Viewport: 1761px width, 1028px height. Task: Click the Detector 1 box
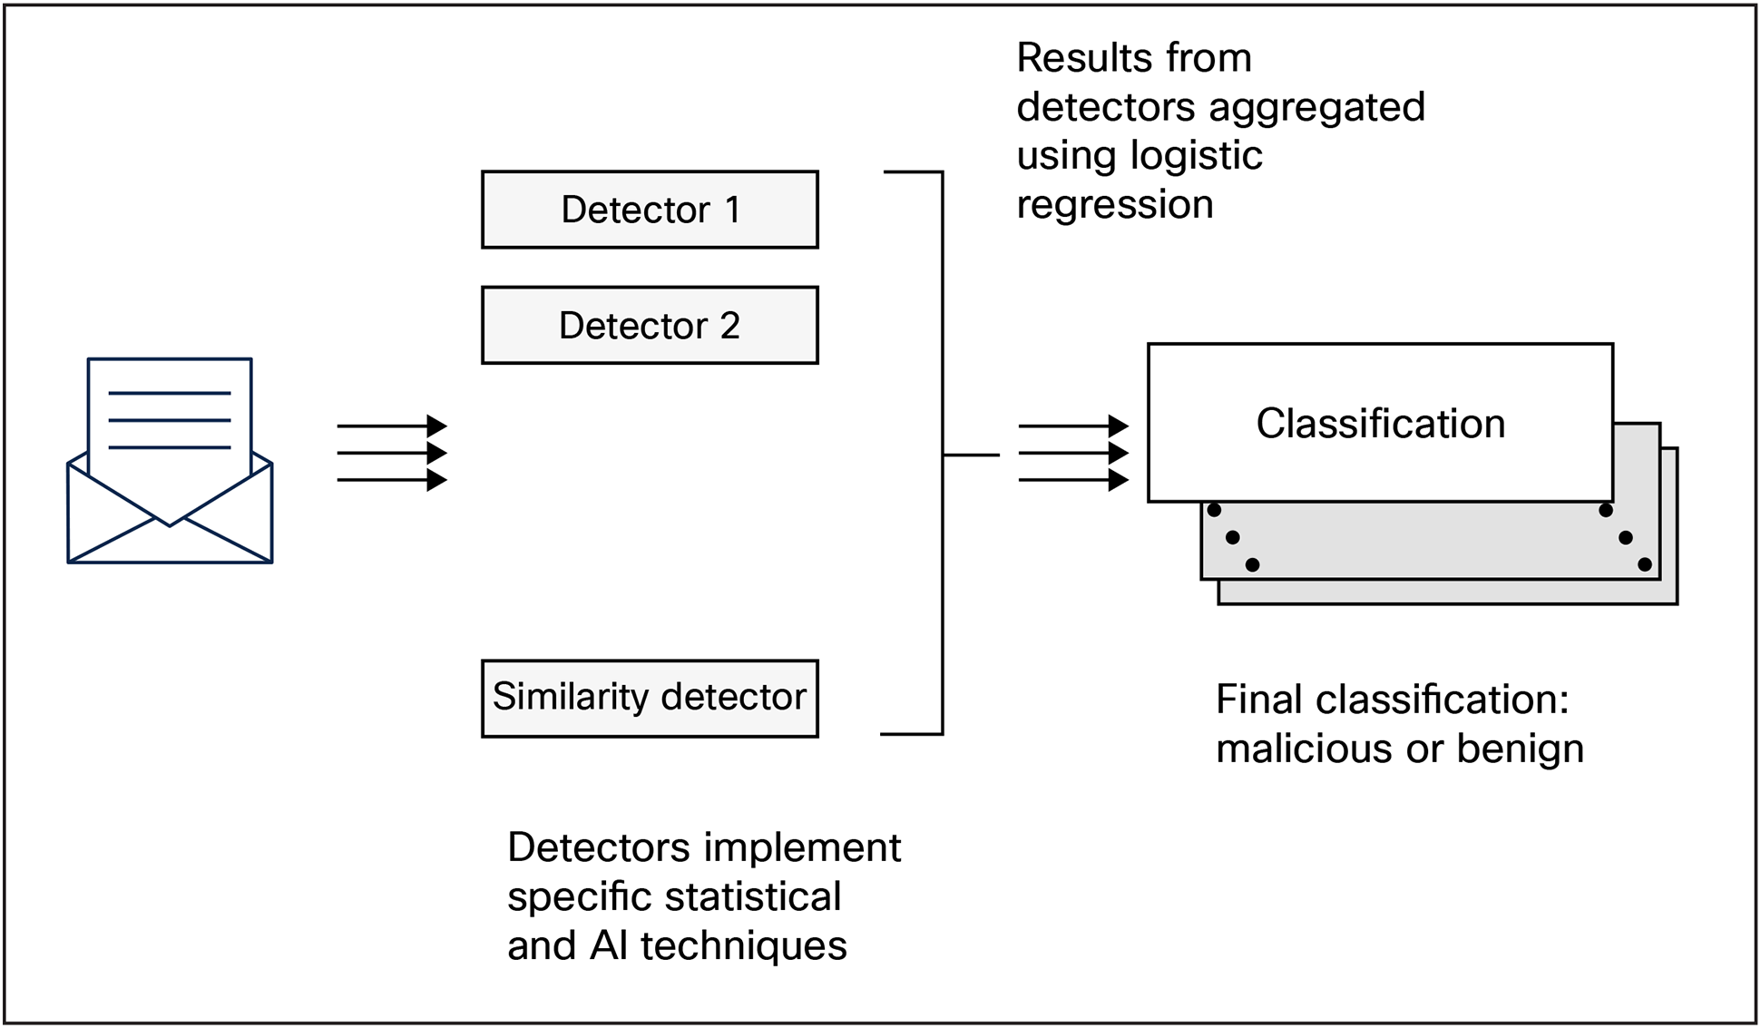650,210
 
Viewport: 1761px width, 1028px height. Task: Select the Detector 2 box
650,326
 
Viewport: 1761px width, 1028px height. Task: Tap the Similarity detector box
650,698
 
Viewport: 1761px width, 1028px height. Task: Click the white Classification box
1380,424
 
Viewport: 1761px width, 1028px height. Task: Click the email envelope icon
170,461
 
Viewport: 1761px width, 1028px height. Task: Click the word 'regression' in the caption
1115,205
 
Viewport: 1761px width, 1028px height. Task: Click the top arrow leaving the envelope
391,426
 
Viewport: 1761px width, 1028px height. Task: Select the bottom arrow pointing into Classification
1072,479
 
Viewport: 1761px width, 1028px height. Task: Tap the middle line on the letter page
170,420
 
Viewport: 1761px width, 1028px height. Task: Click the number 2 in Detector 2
729,326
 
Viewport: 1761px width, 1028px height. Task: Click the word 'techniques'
743,946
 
